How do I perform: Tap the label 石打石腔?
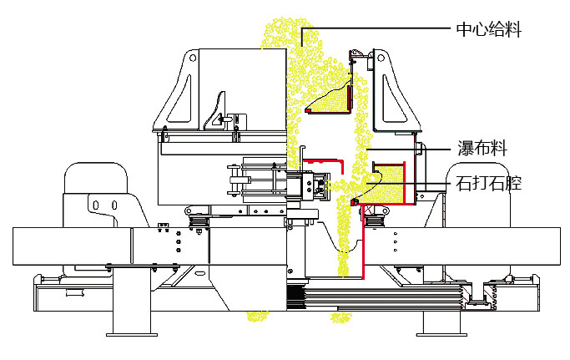488,184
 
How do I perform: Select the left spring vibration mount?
198,221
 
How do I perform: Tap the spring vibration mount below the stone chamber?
372,219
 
